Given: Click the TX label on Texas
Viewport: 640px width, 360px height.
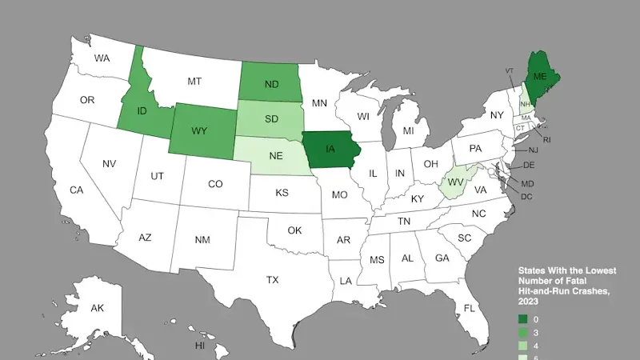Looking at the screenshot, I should pyautogui.click(x=272, y=280).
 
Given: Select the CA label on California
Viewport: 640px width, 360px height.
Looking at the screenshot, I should pyautogui.click(x=77, y=190).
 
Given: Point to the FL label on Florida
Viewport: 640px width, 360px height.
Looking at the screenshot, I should pyautogui.click(x=470, y=308).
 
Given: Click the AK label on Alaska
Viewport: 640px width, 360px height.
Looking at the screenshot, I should pyautogui.click(x=97, y=308).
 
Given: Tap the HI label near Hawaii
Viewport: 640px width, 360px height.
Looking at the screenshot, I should pyautogui.click(x=200, y=346).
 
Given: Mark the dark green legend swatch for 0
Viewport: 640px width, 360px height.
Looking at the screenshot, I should pyautogui.click(x=523, y=319).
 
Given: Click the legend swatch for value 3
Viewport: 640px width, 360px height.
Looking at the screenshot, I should pyautogui.click(x=523, y=332).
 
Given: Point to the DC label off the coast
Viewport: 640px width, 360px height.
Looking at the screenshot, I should pyautogui.click(x=526, y=196).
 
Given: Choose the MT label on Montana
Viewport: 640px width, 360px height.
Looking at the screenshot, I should pyautogui.click(x=194, y=81).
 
